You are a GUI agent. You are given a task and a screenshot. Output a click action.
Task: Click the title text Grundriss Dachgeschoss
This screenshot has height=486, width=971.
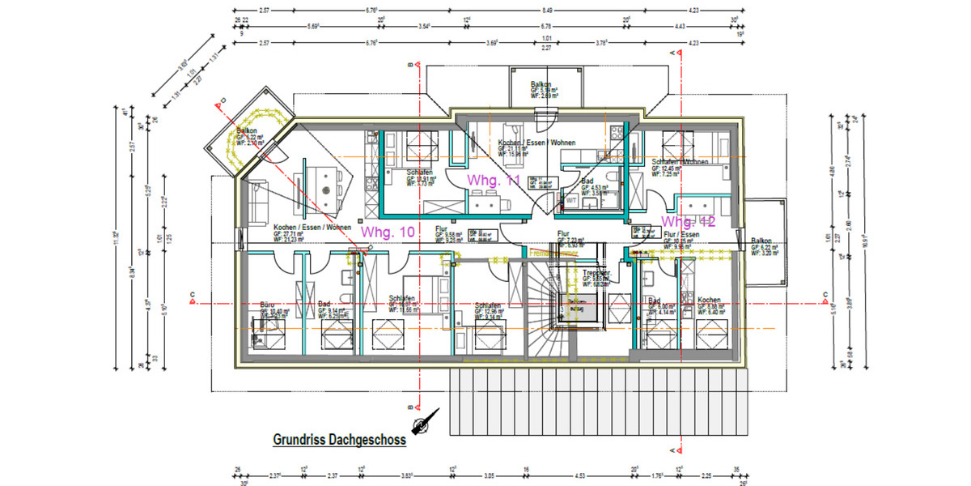pos(338,441)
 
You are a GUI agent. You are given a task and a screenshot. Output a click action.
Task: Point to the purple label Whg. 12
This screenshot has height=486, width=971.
pos(687,221)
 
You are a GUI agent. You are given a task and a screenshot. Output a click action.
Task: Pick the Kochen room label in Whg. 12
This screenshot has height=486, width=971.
pos(709,301)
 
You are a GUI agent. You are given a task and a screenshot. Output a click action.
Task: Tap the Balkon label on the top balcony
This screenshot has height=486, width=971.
pos(541,84)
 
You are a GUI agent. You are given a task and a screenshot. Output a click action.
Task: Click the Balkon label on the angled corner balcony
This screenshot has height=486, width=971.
pos(247,131)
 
